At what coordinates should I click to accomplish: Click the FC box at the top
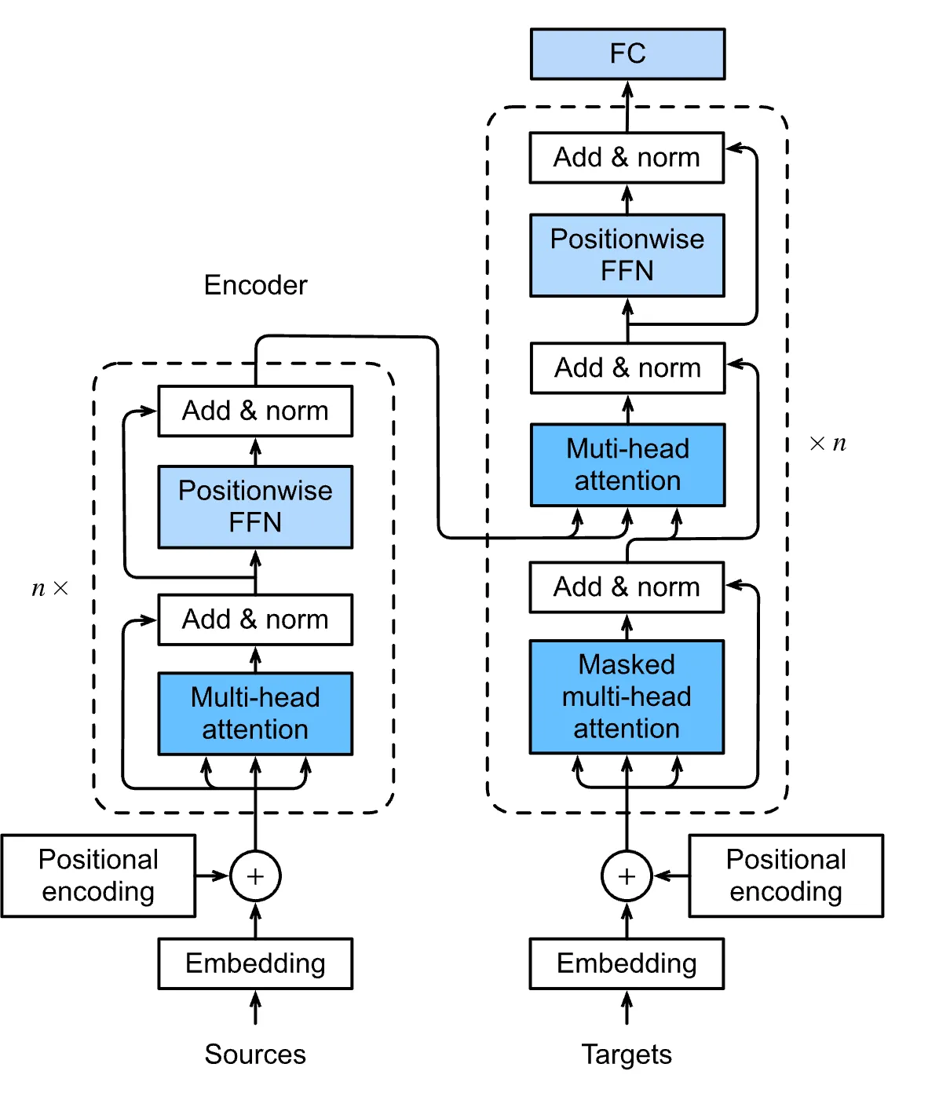click(x=627, y=53)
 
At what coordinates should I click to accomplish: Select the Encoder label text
click(x=255, y=285)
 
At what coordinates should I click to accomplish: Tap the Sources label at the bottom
click(x=255, y=1054)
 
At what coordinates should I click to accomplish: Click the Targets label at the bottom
click(x=627, y=1054)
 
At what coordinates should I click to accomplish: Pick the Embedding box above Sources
click(x=255, y=963)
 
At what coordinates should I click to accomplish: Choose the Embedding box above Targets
click(x=627, y=963)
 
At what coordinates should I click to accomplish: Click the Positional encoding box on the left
click(x=98, y=876)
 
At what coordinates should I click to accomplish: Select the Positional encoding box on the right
click(x=786, y=876)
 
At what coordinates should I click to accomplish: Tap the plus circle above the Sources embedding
click(x=255, y=876)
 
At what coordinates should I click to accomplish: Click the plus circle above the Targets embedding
click(x=627, y=876)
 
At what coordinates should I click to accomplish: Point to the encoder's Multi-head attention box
click(x=255, y=713)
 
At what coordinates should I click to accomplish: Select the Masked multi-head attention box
click(x=627, y=696)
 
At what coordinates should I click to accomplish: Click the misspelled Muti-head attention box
click(x=627, y=465)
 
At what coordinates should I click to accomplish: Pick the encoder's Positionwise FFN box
click(x=255, y=506)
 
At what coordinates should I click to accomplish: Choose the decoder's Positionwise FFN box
click(x=627, y=255)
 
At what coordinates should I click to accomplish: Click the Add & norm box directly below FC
click(x=627, y=157)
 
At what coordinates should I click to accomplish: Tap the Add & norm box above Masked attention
click(x=627, y=587)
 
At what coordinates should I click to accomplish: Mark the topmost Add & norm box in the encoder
click(x=255, y=411)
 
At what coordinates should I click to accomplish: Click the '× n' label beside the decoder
click(x=828, y=444)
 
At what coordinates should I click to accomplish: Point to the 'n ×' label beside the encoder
click(x=49, y=588)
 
